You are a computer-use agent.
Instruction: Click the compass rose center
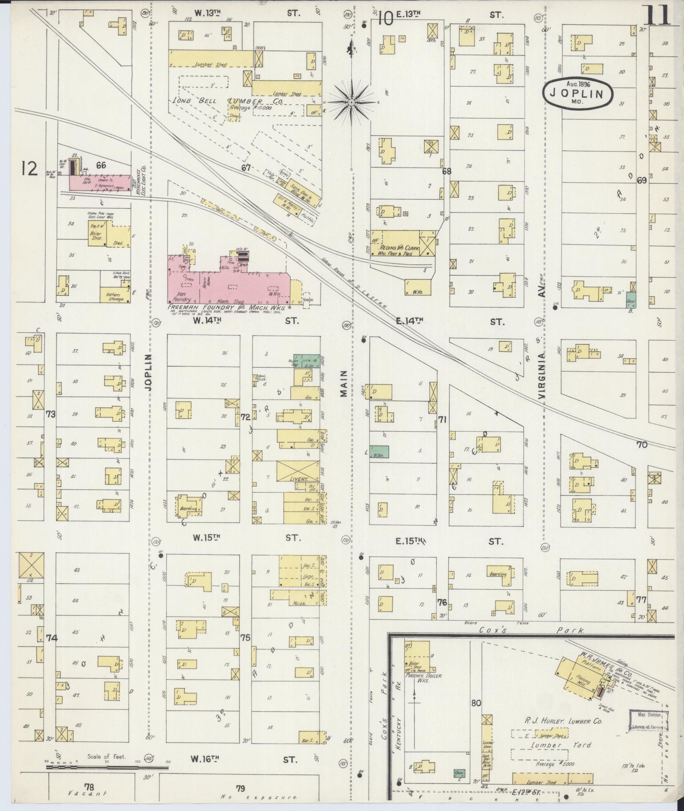coord(352,102)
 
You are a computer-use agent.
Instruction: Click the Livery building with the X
coord(298,471)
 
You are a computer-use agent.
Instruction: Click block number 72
coord(245,418)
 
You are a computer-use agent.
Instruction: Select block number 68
coord(446,171)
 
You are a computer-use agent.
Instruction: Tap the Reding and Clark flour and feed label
coord(395,250)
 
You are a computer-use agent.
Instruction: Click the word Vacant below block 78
coord(88,793)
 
